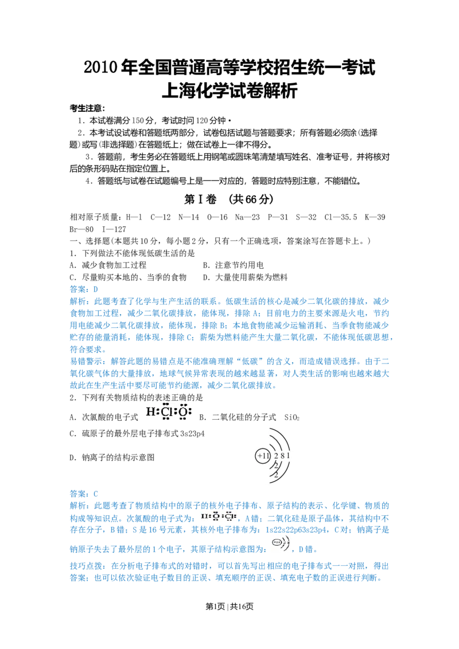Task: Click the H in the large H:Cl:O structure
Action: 150,412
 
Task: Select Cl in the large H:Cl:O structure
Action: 166,412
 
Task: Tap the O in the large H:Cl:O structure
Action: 183,412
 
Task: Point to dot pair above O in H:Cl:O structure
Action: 183,404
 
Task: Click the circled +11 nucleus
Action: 263,456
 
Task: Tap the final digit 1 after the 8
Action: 289,456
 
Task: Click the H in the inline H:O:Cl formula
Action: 203,517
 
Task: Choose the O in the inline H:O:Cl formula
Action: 215,517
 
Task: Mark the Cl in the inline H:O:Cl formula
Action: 228,517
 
